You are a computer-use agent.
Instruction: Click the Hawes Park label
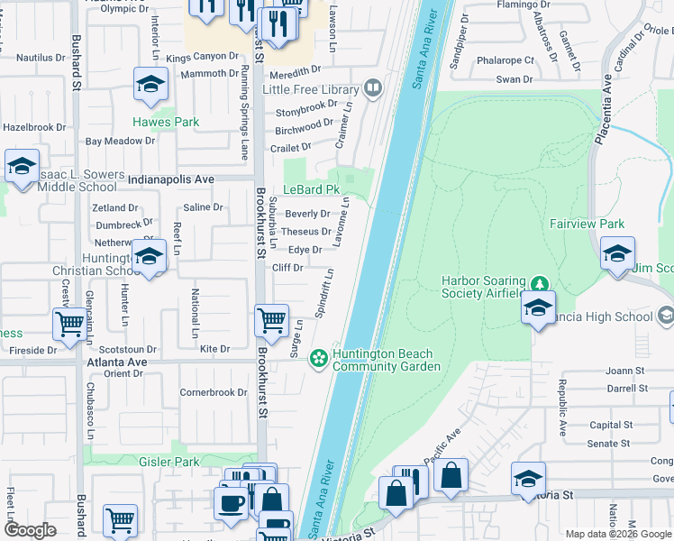pyautogui.click(x=166, y=122)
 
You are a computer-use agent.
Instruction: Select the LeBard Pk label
pyautogui.click(x=311, y=190)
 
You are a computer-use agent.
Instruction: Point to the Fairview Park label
pyautogui.click(x=587, y=223)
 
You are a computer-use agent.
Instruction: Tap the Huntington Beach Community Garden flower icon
pyautogui.click(x=318, y=359)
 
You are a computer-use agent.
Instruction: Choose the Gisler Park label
pyautogui.click(x=168, y=462)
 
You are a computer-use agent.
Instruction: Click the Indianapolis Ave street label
pyautogui.click(x=171, y=179)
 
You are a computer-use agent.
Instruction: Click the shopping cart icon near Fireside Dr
pyautogui.click(x=68, y=324)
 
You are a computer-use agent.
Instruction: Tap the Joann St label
pyautogui.click(x=626, y=371)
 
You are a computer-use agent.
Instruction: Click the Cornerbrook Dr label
pyautogui.click(x=213, y=392)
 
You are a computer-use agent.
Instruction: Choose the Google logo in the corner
pyautogui.click(x=30, y=530)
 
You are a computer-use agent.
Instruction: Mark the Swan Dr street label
pyautogui.click(x=514, y=80)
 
